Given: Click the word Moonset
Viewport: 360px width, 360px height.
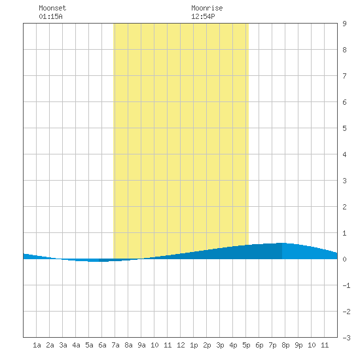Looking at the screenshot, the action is tap(52, 8).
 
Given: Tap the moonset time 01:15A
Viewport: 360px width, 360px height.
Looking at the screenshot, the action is tap(50, 16).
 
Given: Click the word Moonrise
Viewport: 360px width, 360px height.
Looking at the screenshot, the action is tap(207, 8).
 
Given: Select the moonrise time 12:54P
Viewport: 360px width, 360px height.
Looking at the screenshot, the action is tap(203, 16).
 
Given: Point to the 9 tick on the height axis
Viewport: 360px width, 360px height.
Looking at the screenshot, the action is tap(344, 24).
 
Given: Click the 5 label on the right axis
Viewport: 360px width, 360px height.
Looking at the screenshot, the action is tap(344, 128).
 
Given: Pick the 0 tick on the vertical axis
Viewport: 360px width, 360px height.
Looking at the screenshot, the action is tap(344, 259).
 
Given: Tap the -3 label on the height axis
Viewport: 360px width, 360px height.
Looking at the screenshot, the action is tap(346, 338).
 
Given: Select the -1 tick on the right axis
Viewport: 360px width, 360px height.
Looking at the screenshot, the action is tap(346, 285).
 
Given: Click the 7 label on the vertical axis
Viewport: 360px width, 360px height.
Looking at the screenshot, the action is tap(344, 76).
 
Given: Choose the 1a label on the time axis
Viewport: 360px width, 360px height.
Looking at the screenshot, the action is tap(37, 345).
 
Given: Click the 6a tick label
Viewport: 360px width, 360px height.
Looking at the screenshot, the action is tap(102, 345).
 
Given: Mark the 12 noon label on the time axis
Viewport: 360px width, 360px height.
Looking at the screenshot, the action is tap(181, 345).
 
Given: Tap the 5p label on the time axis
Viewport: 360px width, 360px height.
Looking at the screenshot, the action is tap(246, 345).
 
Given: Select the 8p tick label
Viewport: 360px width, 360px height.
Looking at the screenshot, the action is tap(285, 345).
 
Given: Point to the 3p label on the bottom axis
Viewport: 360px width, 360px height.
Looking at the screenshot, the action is tap(220, 345).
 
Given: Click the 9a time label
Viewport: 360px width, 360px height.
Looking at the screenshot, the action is tap(141, 345).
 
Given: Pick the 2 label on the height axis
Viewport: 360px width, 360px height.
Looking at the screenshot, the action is tap(344, 207).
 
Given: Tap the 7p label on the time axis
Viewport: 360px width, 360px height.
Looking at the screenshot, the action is tap(272, 345).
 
